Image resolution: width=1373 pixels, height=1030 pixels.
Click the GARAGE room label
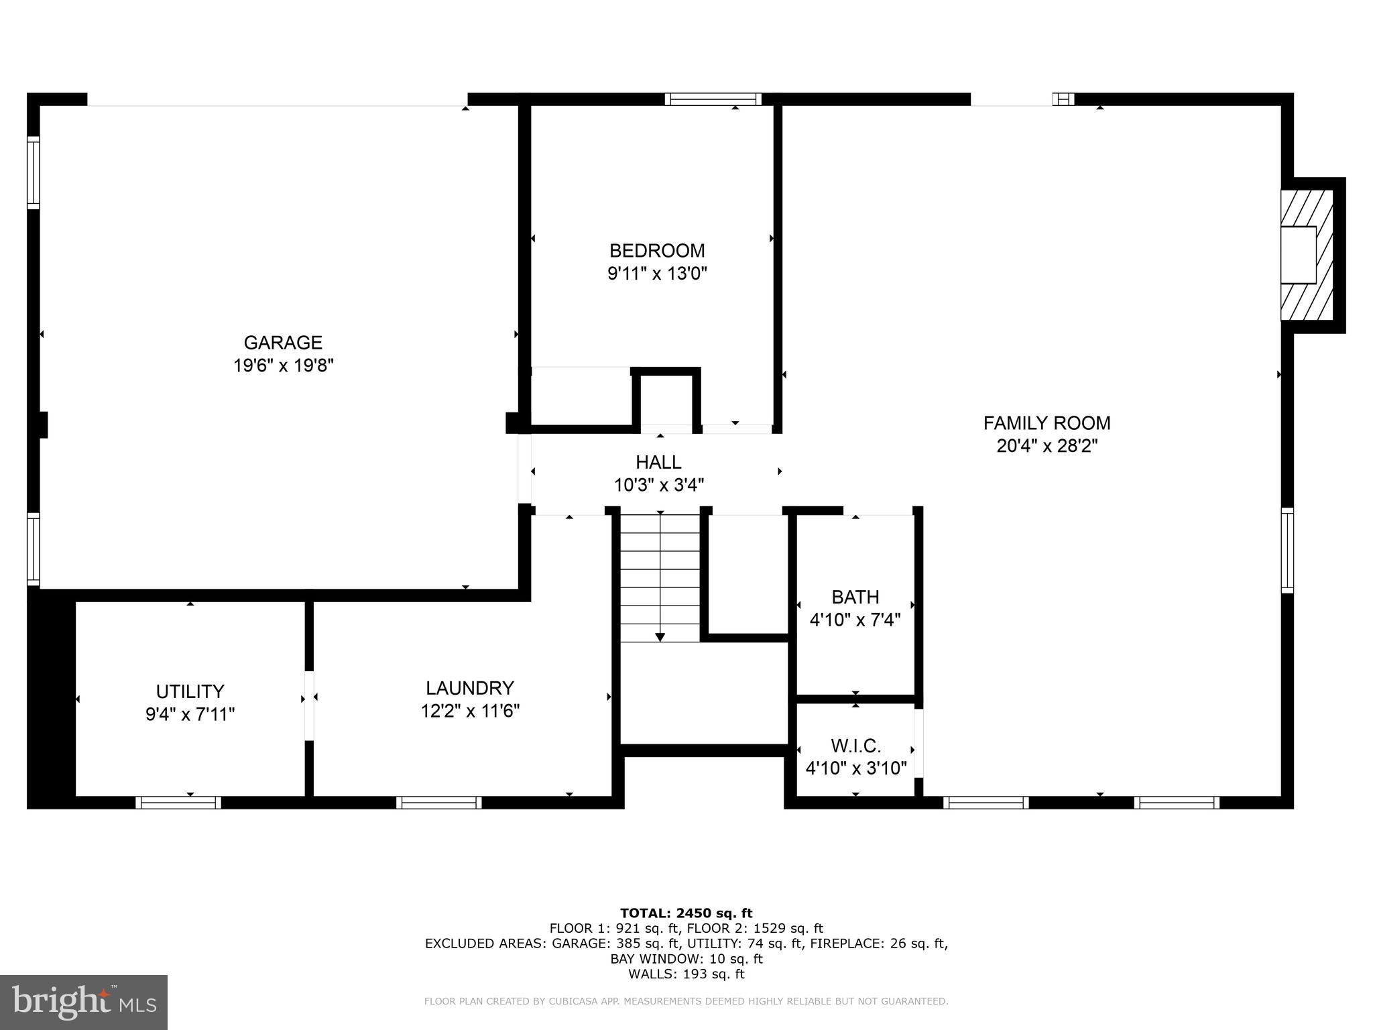[x=283, y=343]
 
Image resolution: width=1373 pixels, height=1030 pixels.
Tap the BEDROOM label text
[x=657, y=251]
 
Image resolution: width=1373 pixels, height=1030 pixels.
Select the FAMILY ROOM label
[x=1047, y=423]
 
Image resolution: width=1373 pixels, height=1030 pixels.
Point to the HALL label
[x=658, y=462]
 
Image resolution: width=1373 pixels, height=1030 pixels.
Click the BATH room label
[x=855, y=597]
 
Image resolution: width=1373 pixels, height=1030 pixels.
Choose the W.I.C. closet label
[x=855, y=746]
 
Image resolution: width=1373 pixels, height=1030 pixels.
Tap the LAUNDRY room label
[x=470, y=688]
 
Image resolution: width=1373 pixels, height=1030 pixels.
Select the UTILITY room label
[x=190, y=691]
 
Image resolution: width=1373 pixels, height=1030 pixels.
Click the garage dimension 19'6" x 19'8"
[x=283, y=365]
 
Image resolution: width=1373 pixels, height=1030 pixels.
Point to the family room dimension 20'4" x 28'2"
[x=1047, y=446]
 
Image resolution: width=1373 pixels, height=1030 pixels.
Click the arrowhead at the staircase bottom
[x=660, y=637]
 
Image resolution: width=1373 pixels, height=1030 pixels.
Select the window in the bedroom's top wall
[x=713, y=99]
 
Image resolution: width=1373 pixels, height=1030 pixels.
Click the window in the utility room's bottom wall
[x=178, y=803]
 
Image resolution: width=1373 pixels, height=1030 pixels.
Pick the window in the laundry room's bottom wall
[x=439, y=803]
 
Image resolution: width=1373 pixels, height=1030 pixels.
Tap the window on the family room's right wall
[x=1287, y=551]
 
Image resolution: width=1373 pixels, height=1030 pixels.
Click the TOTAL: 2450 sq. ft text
[x=686, y=913]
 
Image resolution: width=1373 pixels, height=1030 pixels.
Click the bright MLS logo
[x=84, y=1002]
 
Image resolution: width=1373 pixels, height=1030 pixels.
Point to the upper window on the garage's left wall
[x=34, y=172]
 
